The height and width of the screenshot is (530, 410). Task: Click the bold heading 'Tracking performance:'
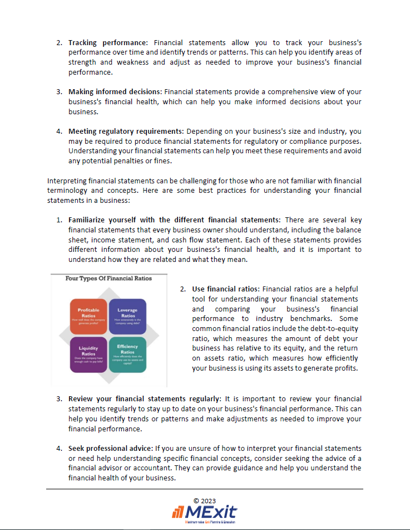108,42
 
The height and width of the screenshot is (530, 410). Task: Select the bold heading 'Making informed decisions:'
115,91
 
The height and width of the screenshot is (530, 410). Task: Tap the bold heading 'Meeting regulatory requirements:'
126,132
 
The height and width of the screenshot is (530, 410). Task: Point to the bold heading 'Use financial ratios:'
226,289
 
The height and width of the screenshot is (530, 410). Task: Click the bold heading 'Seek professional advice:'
110,448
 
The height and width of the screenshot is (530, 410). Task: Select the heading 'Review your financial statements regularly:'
145,399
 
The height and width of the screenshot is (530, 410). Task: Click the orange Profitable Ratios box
88,315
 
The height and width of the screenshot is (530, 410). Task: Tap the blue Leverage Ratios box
128,315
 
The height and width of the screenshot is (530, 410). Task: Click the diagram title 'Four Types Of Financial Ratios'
108,278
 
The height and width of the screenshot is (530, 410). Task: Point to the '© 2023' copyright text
205,500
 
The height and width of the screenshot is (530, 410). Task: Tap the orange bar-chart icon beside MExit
178,512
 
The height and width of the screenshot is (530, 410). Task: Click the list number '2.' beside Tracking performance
60,42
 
